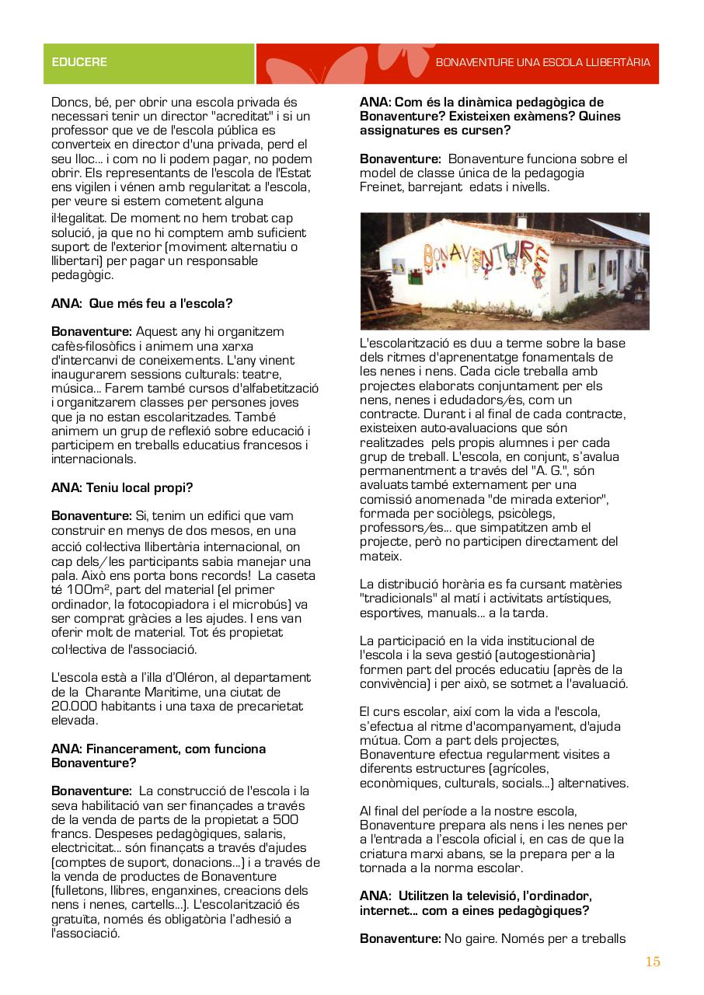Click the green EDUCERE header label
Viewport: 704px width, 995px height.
point(79,62)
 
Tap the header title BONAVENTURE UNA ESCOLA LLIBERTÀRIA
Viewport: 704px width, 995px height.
point(542,62)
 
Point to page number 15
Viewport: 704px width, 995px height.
point(653,962)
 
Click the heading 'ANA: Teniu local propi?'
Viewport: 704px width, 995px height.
point(122,488)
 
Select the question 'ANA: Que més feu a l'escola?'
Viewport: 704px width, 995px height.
point(142,303)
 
